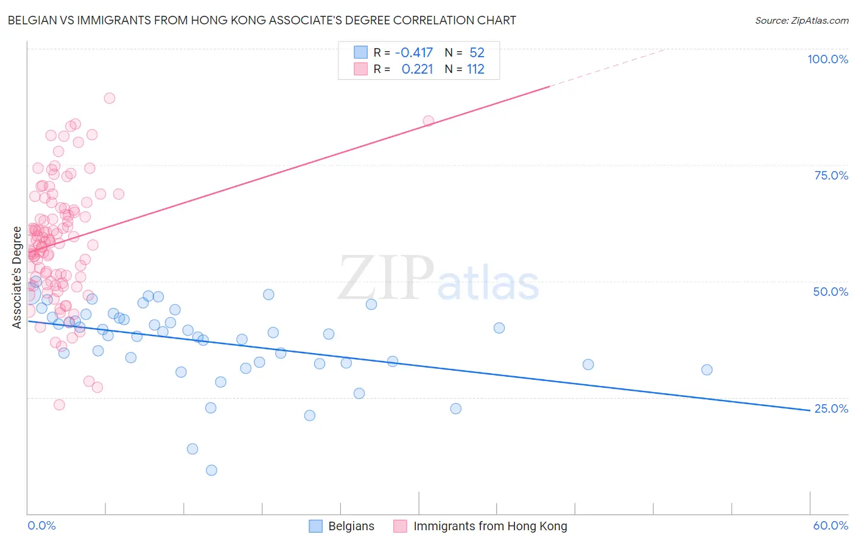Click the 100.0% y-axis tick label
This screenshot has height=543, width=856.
click(827, 59)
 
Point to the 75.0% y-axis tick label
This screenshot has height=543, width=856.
click(831, 175)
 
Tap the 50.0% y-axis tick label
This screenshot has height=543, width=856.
click(830, 292)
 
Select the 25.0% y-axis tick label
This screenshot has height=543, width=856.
click(830, 408)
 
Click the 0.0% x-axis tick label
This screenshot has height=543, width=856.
click(41, 526)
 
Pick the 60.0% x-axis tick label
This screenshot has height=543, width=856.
click(830, 526)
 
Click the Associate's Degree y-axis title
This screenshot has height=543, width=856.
click(17, 277)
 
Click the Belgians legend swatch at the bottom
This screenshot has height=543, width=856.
click(315, 527)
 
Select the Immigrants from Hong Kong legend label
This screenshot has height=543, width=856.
click(490, 527)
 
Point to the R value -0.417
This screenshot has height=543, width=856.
click(414, 52)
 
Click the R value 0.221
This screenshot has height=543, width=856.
click(417, 69)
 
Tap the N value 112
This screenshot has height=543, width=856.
click(475, 69)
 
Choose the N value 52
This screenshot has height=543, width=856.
click(477, 52)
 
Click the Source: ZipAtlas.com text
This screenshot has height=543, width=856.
click(801, 20)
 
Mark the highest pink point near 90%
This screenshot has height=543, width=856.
click(110, 98)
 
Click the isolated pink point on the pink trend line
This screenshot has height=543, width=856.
click(429, 121)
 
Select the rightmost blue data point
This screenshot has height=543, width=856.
click(707, 370)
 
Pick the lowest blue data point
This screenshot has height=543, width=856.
click(211, 470)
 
